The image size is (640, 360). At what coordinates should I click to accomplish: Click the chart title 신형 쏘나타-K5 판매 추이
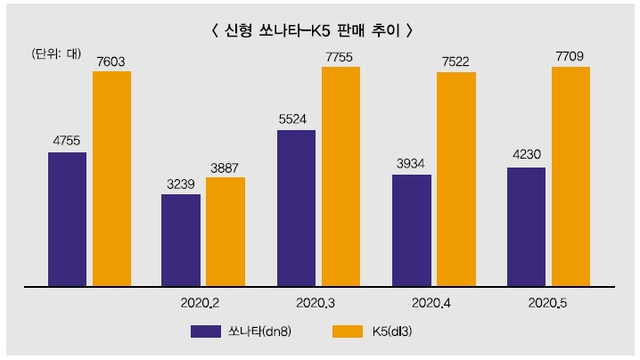tap(311, 29)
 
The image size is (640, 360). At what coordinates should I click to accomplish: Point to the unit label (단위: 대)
tap(55, 53)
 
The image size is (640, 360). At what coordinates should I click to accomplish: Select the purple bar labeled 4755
tap(67, 219)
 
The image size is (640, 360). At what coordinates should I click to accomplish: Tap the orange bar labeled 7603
tap(111, 178)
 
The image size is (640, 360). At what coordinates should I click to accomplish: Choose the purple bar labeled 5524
tap(296, 209)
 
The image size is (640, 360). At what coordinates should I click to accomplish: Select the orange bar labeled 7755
tap(341, 176)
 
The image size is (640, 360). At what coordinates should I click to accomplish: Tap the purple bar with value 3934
tap(411, 231)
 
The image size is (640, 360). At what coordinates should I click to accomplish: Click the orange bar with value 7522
tap(455, 179)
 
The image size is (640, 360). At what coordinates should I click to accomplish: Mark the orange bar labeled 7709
tap(570, 176)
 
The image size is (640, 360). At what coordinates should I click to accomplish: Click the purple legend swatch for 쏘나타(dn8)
tap(205, 332)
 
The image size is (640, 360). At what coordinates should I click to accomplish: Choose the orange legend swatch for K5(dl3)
tap(351, 332)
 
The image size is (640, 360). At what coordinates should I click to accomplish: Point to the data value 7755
tap(341, 56)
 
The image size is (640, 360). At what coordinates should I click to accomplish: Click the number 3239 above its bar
tap(181, 184)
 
